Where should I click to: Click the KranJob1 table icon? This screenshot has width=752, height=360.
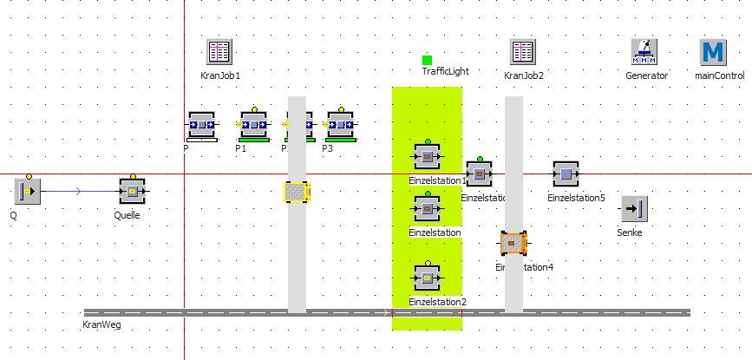point(218,52)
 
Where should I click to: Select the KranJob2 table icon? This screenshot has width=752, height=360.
point(522,52)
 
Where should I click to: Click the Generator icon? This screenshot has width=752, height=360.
point(644,52)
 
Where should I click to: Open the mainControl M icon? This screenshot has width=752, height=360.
point(713,52)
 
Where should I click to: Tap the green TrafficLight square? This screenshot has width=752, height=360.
point(427,60)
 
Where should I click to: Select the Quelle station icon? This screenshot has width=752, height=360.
point(132,191)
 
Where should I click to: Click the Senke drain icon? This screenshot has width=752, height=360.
point(635,209)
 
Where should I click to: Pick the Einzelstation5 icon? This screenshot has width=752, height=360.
point(566,174)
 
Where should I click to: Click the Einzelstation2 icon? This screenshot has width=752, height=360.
point(427,278)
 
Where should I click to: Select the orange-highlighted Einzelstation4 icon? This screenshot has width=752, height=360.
point(514,244)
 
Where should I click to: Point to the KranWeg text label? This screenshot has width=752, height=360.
point(101,324)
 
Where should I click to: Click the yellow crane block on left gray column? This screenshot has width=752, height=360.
point(298,192)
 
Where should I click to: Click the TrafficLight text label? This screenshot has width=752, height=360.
point(445,71)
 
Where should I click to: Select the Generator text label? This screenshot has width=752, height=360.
point(647,75)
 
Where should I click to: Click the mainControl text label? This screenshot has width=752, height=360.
point(720,75)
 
